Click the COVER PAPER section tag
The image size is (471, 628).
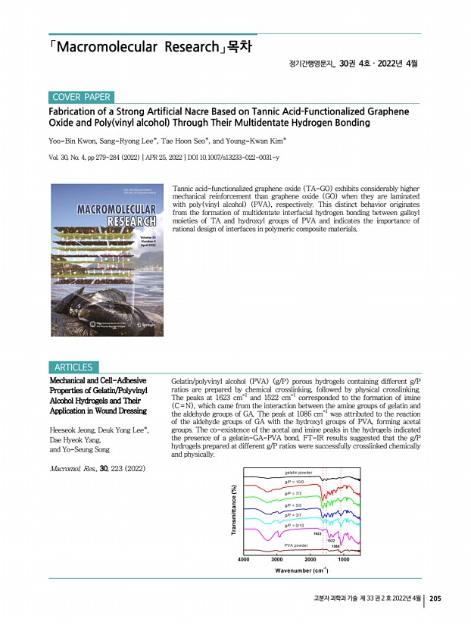click(x=81, y=97)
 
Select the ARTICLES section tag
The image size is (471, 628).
click(x=73, y=367)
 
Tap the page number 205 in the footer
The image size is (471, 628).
click(x=435, y=598)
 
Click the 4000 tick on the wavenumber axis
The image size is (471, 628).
click(x=244, y=558)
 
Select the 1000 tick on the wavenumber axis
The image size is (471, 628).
click(x=343, y=558)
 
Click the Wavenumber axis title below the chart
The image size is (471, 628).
click(x=298, y=570)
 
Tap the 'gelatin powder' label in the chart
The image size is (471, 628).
click(x=298, y=472)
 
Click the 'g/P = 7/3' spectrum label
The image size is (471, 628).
click(x=295, y=493)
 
